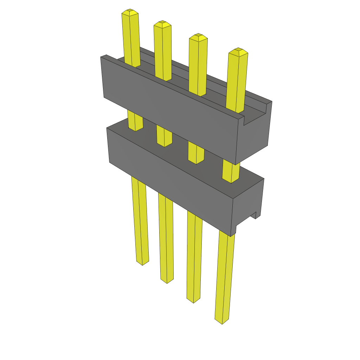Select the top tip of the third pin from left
pos(198,37)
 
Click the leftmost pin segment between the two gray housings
pos(135,121)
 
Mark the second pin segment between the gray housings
pos(164,136)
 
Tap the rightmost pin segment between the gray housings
pos(231,172)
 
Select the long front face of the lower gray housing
pos(169,179)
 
